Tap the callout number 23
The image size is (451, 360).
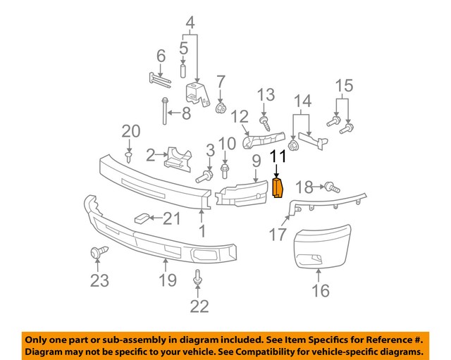coord(99,281)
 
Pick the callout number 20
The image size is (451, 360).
coord(131,130)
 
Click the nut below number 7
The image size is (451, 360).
coord(220,108)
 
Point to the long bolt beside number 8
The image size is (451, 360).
coord(164,112)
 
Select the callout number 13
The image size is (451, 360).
coord(265,94)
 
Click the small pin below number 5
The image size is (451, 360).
coord(183,70)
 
